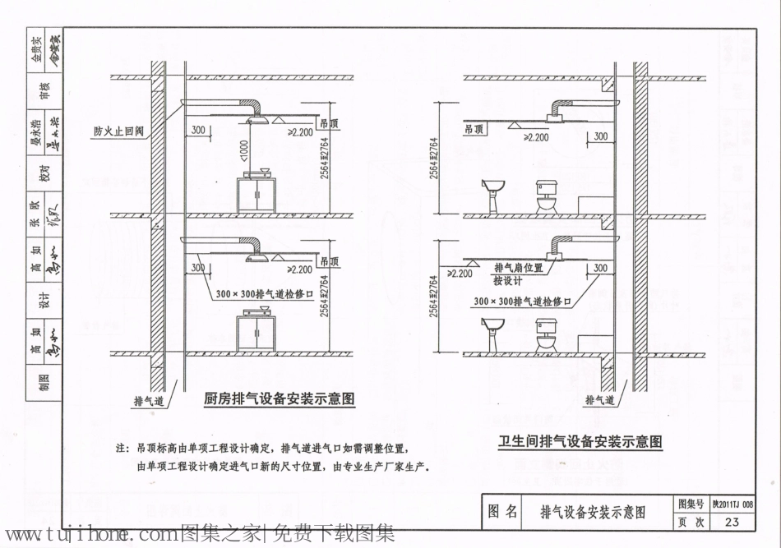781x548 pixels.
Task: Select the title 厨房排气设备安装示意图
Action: click(279, 399)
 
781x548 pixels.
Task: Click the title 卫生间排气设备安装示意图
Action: click(580, 441)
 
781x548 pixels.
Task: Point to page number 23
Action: click(732, 522)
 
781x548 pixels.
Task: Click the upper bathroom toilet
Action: click(547, 197)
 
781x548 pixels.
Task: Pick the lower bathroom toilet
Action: click(547, 335)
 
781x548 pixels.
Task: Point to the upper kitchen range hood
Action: click(257, 120)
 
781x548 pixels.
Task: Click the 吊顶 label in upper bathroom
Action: click(474, 130)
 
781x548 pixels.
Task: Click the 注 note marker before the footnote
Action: click(122, 449)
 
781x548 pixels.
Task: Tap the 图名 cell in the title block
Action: click(502, 513)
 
